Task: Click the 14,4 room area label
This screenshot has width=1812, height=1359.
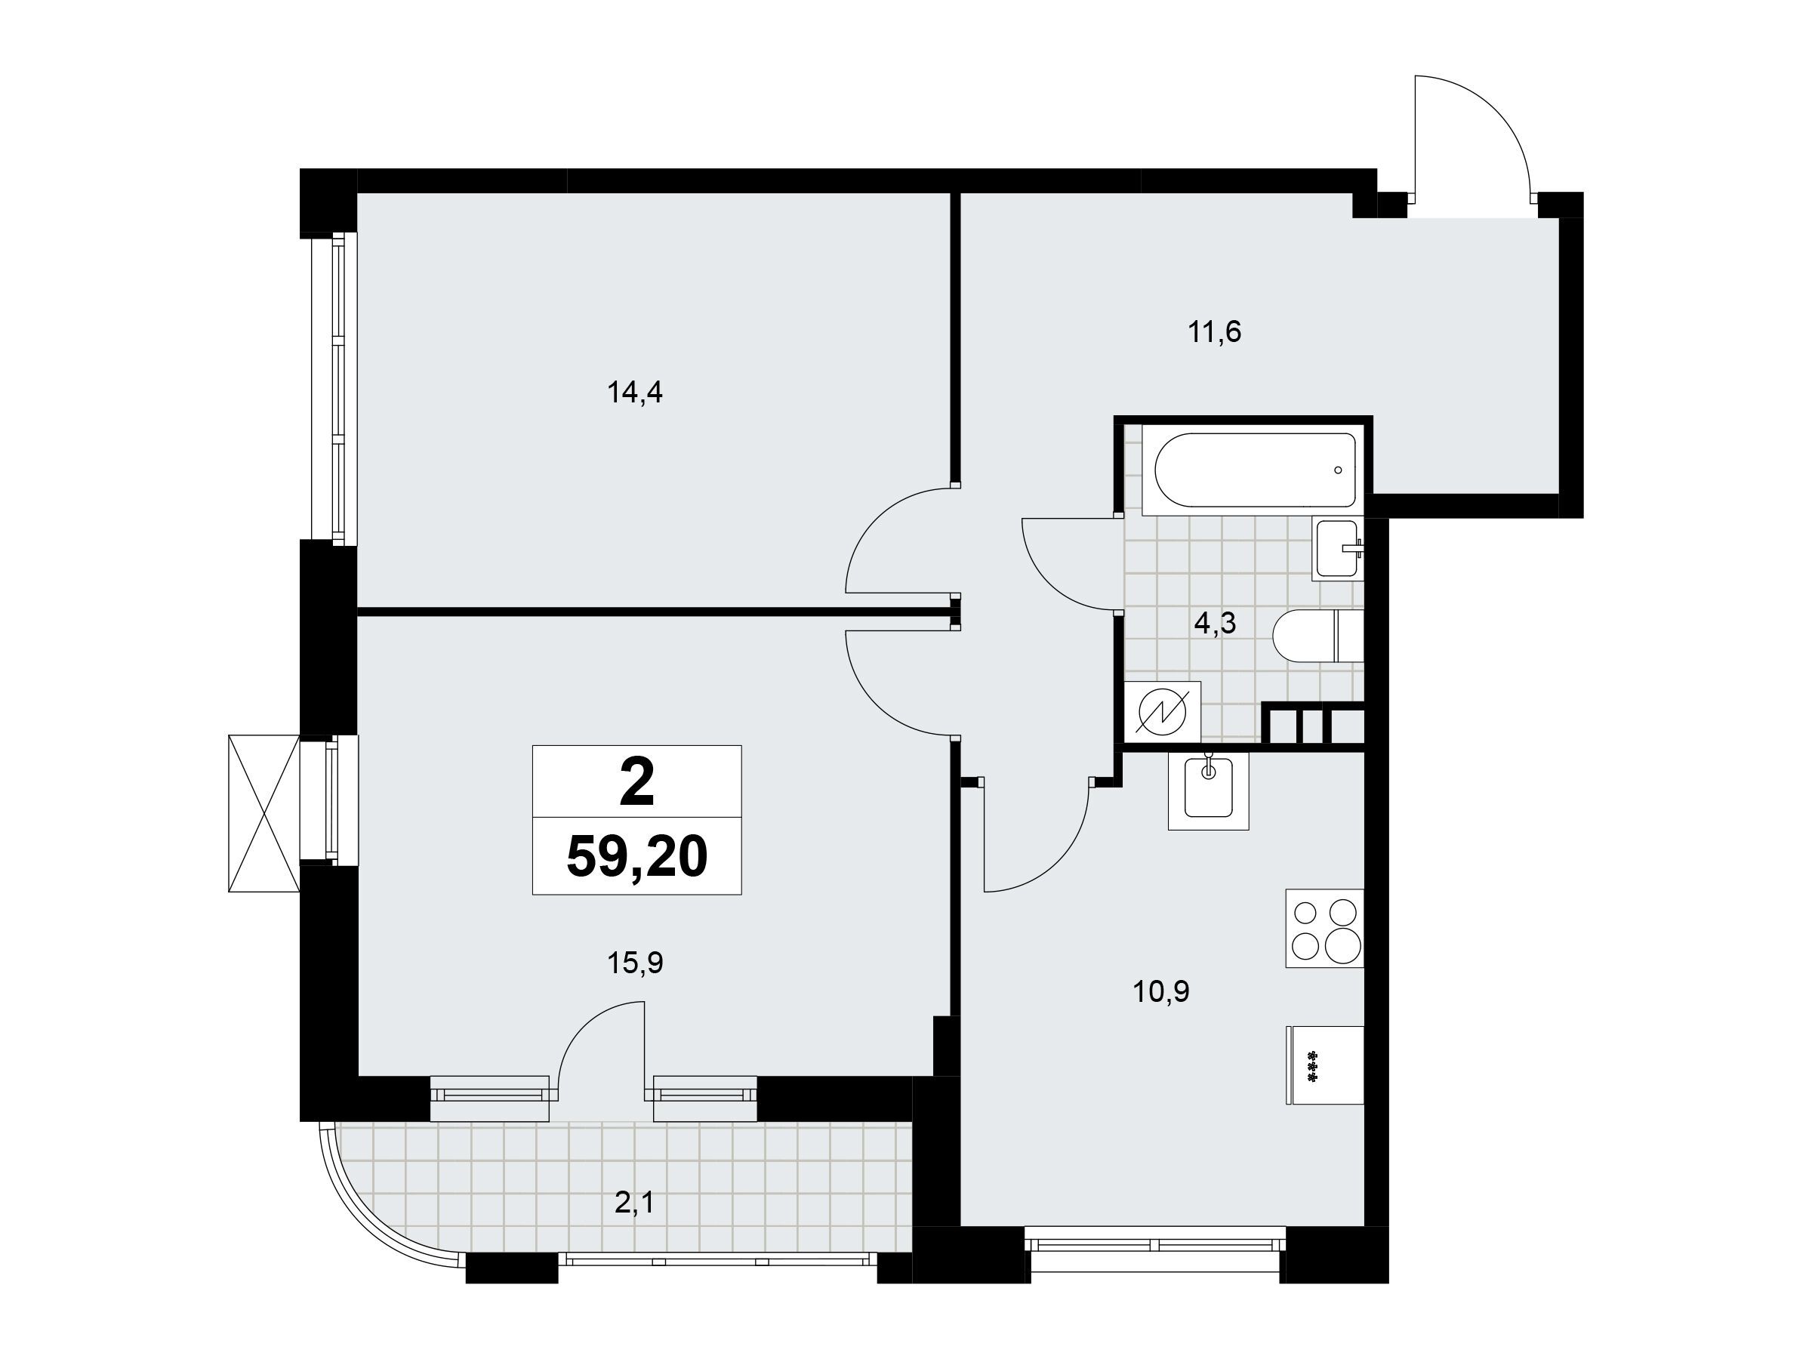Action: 635,394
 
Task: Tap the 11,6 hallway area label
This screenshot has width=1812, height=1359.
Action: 1215,333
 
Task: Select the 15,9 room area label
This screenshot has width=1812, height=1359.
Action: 635,963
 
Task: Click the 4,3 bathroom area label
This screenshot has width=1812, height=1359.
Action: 1215,624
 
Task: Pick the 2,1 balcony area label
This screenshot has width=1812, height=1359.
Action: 634,1203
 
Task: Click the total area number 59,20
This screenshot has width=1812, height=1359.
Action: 636,857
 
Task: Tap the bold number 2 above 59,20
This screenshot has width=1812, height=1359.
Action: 637,781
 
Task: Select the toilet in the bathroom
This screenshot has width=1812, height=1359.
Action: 1318,636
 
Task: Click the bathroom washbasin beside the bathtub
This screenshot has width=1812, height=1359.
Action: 1338,549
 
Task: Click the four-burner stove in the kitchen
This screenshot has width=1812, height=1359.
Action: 1324,929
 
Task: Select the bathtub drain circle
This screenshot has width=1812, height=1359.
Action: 1339,470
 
